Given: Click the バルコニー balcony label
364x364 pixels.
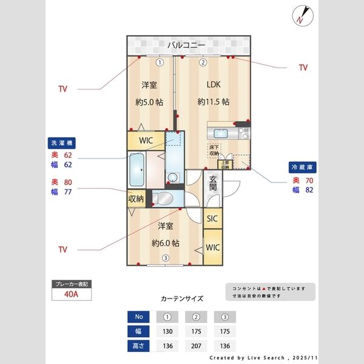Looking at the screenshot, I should [x=189, y=45].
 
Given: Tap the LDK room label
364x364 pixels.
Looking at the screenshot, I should [x=213, y=84].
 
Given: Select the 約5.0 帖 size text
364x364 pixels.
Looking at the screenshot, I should [x=149, y=102].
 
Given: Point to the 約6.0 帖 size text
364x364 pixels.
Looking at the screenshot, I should [x=165, y=243].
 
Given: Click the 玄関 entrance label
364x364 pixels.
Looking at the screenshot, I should [x=214, y=183].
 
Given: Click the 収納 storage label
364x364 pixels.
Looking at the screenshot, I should [x=136, y=198].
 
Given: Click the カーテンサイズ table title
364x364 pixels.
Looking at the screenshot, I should [x=182, y=298].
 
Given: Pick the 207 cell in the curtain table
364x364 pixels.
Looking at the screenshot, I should [x=196, y=346].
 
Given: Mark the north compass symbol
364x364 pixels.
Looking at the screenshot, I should [x=303, y=15].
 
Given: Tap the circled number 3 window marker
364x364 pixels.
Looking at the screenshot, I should [x=165, y=258].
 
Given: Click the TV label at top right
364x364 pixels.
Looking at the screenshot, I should [x=303, y=67].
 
